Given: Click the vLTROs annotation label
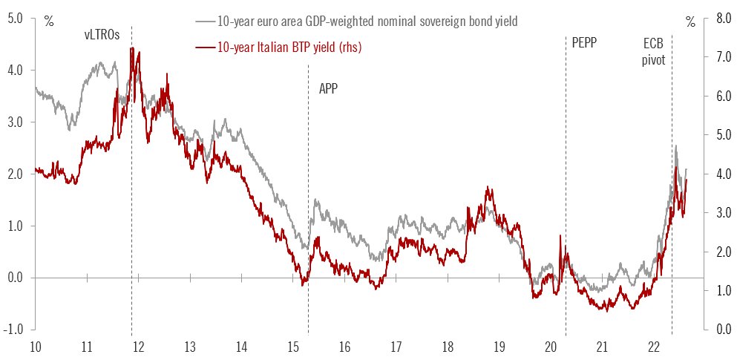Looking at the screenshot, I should tap(102, 34).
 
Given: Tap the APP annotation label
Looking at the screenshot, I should tap(328, 88).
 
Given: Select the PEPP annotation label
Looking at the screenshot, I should tap(584, 43).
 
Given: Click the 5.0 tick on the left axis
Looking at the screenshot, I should tap(16, 18).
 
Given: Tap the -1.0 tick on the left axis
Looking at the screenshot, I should tap(14, 329).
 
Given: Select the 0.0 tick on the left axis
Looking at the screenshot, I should tap(16, 277).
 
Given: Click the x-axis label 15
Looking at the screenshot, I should tap(292, 347).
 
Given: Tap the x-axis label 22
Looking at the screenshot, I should tap(654, 347).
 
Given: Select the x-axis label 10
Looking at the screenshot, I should tap(35, 347).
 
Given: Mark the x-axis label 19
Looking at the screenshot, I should tap(499, 347).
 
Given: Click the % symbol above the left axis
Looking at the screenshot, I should tap(49, 21).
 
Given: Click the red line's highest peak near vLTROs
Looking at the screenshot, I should tap(131, 48).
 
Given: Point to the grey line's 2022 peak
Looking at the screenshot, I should tap(675, 146).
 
